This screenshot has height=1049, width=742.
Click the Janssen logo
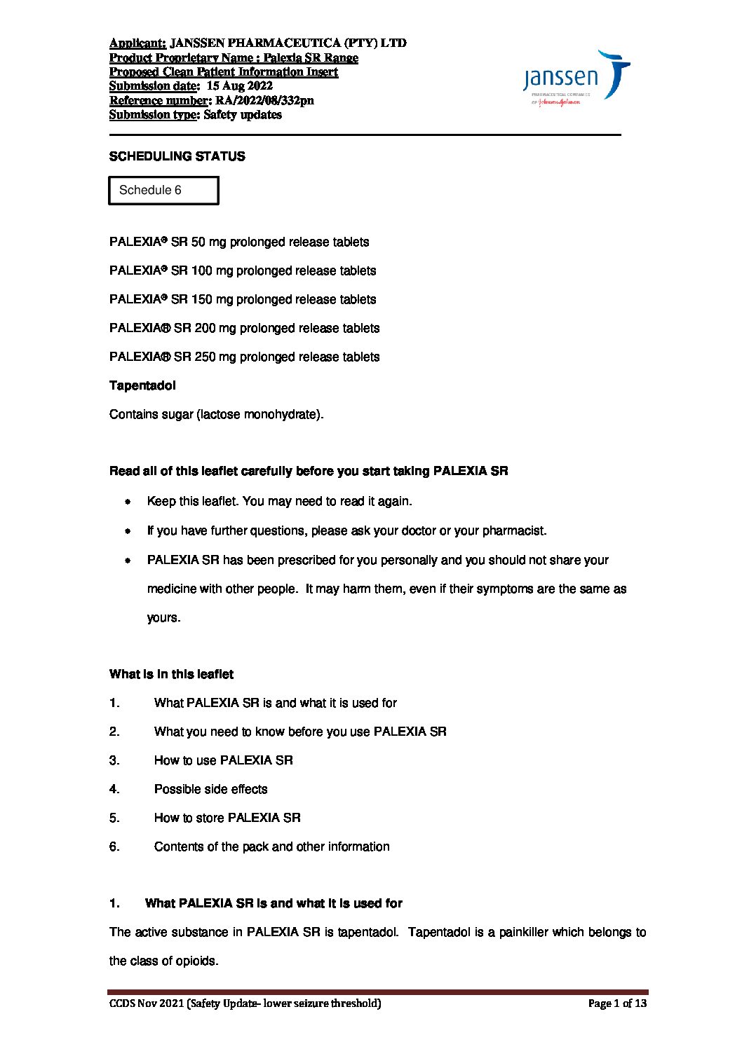point(576,77)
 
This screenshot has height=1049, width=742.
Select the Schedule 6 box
point(163,191)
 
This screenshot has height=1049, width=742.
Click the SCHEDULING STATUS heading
point(177,156)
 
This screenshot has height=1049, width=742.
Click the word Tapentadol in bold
point(142,385)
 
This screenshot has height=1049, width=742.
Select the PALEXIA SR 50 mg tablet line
point(239,242)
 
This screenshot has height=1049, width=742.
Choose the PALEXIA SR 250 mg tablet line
point(244,357)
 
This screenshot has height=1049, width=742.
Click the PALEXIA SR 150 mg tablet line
point(243,299)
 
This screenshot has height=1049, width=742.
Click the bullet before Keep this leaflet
point(128,502)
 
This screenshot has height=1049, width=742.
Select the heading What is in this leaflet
point(171,674)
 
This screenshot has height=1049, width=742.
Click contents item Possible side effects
point(210,789)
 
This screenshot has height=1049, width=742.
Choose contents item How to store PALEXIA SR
point(227,818)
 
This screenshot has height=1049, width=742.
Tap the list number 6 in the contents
point(114,846)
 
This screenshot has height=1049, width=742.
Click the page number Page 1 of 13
point(617,1003)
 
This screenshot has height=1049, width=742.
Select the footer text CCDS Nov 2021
point(146,1003)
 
